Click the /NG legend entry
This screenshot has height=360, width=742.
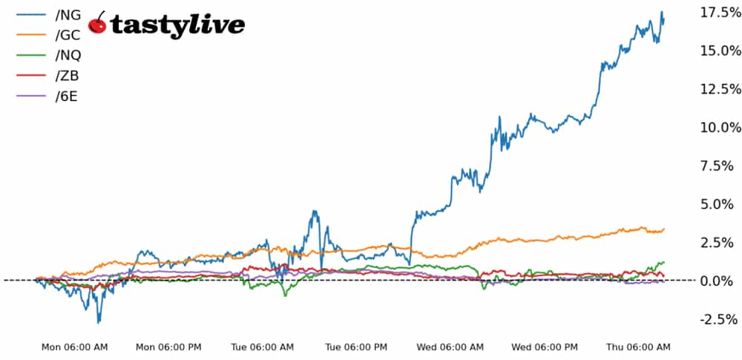[59, 14]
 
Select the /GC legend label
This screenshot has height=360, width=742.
[59, 35]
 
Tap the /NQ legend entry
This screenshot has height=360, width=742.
[59, 56]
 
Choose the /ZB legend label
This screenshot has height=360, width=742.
[59, 76]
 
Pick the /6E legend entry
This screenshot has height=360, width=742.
[59, 97]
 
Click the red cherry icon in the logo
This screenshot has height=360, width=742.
[97, 24]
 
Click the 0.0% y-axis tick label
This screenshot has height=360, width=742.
[720, 281]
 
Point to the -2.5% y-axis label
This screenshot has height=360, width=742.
[718, 319]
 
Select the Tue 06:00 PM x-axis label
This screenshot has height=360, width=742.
[356, 347]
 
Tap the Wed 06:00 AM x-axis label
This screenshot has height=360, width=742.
[451, 347]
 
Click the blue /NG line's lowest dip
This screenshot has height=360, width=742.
[99, 322]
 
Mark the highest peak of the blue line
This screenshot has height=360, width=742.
[661, 12]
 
